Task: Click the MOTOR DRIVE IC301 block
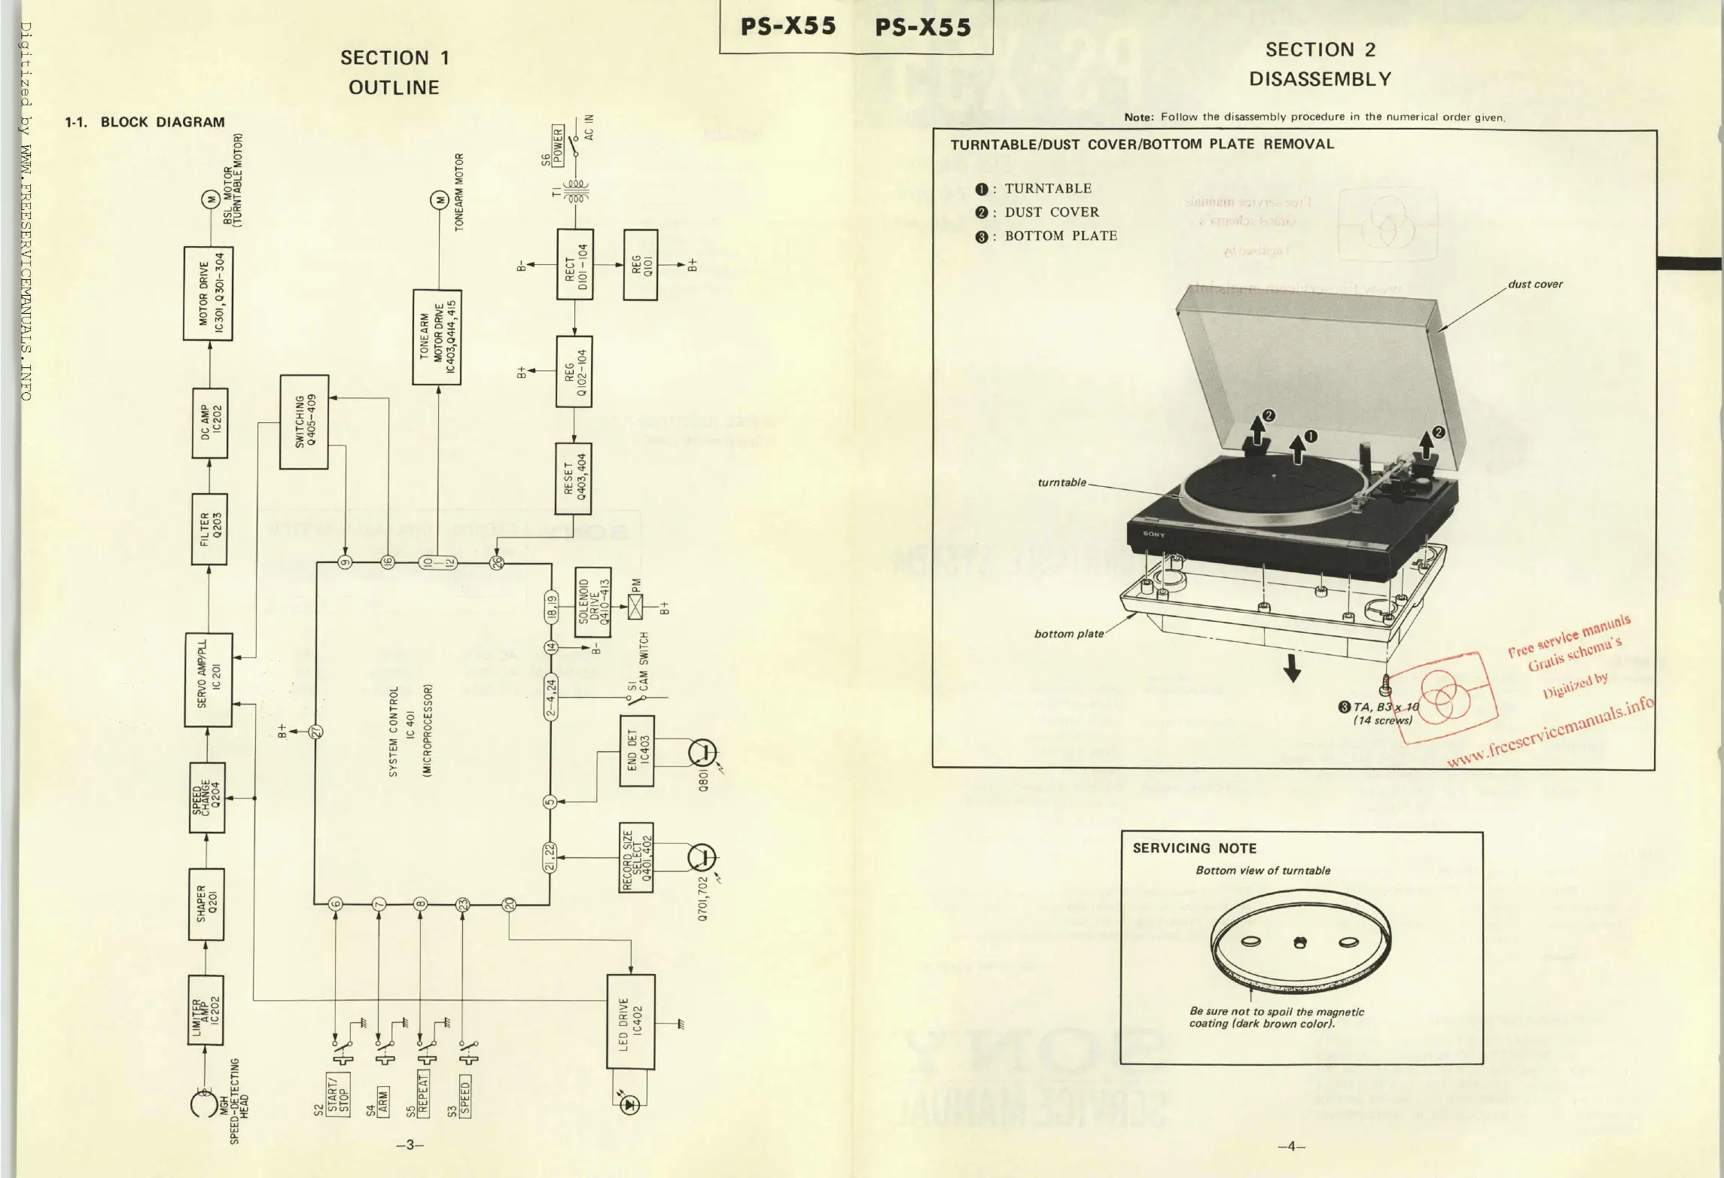[x=208, y=294]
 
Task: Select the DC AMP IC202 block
[x=209, y=423]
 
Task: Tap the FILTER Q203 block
[x=209, y=528]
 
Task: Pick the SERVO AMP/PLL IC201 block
[x=209, y=680]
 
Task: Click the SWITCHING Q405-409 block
[x=304, y=422]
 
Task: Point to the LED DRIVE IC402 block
[x=631, y=1021]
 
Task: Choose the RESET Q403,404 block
[x=574, y=478]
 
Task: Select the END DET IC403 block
[x=636, y=750]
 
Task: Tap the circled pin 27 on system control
[x=317, y=731]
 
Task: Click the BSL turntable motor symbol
[x=209, y=199]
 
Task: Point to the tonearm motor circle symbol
[x=438, y=200]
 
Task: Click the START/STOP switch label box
[x=338, y=1094]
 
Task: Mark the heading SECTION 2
[x=1320, y=50]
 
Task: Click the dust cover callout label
[x=1534, y=285]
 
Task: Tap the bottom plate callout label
[x=1068, y=634]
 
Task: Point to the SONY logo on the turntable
[x=1153, y=534]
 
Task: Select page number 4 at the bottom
[x=1291, y=1146]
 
